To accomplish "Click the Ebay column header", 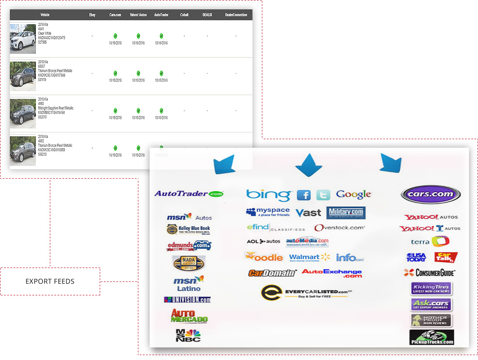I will tap(92, 15).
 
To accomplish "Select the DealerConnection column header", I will tap(236, 15).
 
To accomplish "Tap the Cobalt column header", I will tap(184, 15).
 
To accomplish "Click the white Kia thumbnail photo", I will tap(23, 39).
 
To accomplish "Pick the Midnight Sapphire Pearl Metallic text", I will tap(56, 108).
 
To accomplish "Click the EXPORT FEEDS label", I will tap(50, 281).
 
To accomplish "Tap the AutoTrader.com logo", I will tap(189, 194).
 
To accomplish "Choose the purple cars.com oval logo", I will tap(431, 194).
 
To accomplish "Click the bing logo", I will tap(268, 195).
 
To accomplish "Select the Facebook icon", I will tap(304, 195).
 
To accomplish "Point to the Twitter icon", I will tap(323, 195).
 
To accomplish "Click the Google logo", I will tap(354, 194).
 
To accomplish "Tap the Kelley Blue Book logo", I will tap(188, 229).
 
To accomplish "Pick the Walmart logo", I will tap(310, 258).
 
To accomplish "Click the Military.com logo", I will tap(346, 213).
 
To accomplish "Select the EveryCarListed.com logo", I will tap(305, 293).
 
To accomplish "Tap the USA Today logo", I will tap(416, 257).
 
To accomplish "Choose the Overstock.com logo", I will tap(340, 228).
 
